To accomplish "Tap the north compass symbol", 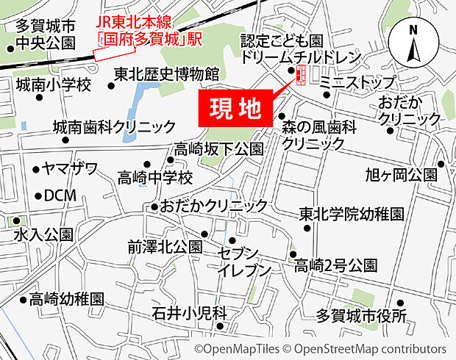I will [x=413, y=46].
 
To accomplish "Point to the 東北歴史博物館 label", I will [x=167, y=74].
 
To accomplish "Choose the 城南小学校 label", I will [x=53, y=85].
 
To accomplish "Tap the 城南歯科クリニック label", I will [x=115, y=126].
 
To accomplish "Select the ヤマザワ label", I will [x=70, y=169].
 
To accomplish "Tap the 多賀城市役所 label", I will [x=361, y=317].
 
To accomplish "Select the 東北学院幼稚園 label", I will [x=352, y=215].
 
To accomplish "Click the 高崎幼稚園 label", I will [x=67, y=299].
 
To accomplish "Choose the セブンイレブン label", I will [x=243, y=261].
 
